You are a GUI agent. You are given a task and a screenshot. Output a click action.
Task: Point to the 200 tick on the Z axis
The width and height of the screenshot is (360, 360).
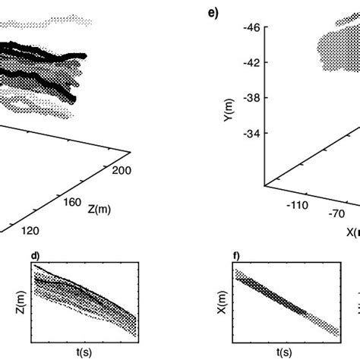tap(121, 172)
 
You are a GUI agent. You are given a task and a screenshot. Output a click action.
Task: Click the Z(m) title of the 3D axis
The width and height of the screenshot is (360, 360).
tap(99, 209)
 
